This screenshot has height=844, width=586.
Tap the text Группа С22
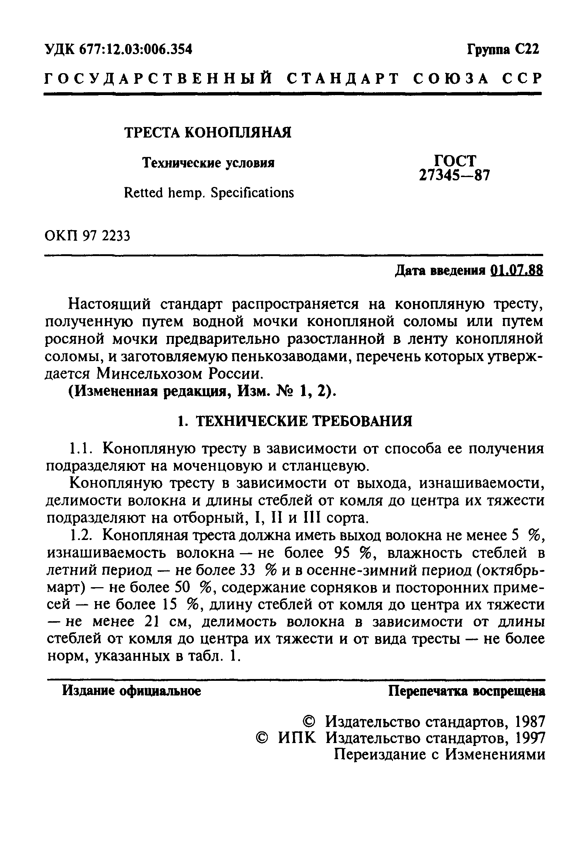tap(503, 49)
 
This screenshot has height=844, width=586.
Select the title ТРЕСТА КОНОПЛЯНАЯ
tap(208, 132)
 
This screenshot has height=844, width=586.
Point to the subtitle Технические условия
tap(208, 163)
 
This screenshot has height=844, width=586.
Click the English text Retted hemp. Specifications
tap(209, 193)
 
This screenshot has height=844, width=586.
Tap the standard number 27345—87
tap(455, 176)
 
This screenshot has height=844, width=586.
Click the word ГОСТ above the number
tap(455, 161)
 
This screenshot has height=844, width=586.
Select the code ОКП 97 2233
tap(87, 236)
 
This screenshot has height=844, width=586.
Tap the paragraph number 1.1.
tap(80, 448)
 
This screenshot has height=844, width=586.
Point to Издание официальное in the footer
tap(131, 691)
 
